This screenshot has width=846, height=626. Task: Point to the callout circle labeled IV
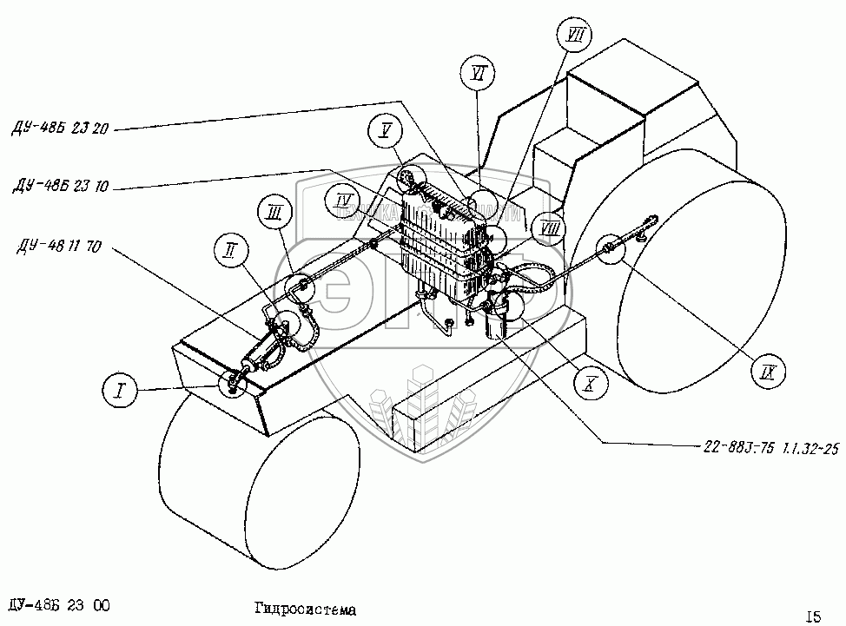(x=345, y=201)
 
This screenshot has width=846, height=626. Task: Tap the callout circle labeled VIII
(x=549, y=228)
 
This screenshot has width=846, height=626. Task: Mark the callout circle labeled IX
(x=767, y=373)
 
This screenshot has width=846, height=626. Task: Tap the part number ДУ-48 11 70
(x=58, y=247)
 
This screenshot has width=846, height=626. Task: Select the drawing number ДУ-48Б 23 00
(x=56, y=605)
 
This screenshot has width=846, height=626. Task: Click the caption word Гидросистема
(x=307, y=610)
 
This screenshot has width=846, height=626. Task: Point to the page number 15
(x=813, y=616)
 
